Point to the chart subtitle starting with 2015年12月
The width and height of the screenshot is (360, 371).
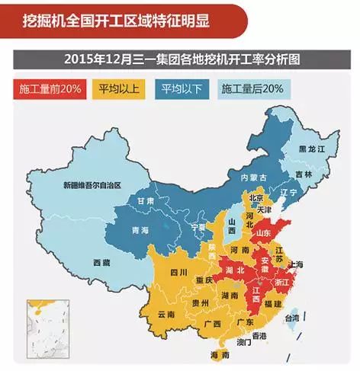(x=179, y=59)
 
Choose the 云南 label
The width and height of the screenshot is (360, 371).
(x=166, y=314)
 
